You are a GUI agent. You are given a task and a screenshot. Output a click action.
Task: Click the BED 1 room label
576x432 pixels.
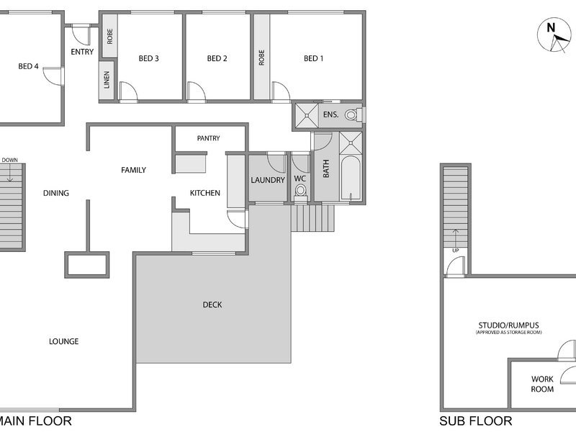(313, 58)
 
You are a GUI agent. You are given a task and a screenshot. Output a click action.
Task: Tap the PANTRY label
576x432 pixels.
(208, 138)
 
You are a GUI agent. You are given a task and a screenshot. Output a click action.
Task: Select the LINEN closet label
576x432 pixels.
(107, 80)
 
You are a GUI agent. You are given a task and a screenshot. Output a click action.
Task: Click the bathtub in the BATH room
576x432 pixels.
(351, 178)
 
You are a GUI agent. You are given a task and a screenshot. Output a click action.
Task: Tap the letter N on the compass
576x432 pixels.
(550, 28)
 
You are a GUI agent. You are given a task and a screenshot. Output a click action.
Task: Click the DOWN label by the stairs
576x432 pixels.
(9, 160)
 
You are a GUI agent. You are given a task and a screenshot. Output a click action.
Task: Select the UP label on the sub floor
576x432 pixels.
(456, 251)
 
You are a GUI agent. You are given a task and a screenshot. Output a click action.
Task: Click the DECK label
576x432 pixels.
(212, 305)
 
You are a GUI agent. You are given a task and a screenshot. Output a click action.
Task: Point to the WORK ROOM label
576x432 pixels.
(542, 384)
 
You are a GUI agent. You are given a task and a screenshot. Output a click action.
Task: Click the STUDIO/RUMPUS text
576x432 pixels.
(509, 325)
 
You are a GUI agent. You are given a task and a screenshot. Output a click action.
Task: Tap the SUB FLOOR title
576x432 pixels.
(476, 421)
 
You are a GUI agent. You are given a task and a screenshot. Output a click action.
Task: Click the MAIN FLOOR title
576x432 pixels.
(35, 421)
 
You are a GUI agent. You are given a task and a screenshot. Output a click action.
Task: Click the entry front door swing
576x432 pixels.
(81, 35)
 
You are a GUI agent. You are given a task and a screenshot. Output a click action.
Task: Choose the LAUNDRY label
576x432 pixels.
(268, 180)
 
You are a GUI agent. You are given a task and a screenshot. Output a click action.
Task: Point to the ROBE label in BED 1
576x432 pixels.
(261, 58)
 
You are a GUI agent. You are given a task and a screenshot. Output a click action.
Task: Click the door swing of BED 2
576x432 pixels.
(197, 91)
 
